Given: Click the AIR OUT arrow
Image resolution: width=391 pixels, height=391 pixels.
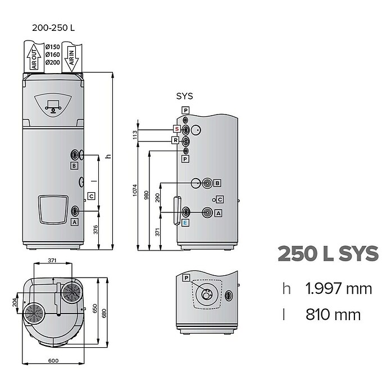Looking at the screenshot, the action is coord(34,57).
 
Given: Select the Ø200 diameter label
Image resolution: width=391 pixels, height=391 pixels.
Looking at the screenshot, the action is coord(53,62).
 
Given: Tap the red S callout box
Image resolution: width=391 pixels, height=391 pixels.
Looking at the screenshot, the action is coord(177,129).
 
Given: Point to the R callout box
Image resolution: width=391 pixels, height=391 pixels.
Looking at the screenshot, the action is coord(175,140).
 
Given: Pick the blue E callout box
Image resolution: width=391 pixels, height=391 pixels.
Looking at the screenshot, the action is coord(185,222).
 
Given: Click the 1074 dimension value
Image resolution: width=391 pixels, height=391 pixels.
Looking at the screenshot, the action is coord(135,190).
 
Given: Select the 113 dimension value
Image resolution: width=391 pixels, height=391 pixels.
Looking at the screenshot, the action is coord(135,135).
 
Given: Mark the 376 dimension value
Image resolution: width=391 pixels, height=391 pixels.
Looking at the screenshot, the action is coord(96,230).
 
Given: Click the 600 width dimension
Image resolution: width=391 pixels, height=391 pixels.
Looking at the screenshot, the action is coord(53,361).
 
